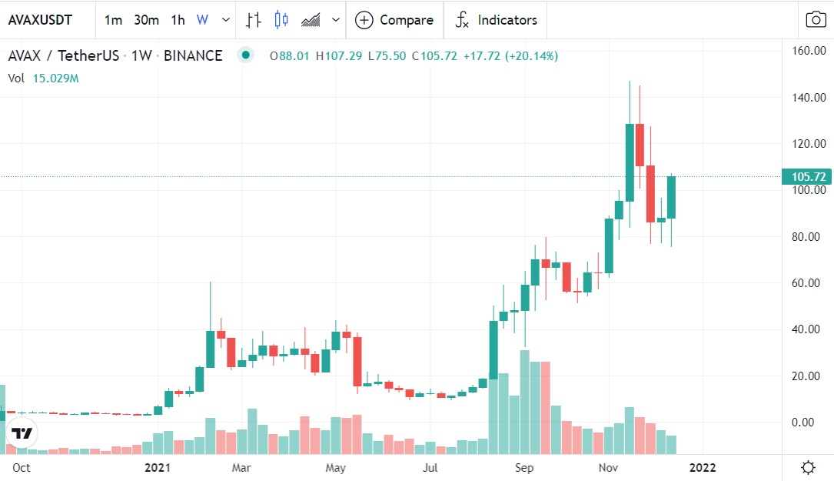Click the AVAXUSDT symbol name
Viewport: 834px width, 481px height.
(40, 20)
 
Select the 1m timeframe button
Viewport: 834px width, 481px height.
(113, 20)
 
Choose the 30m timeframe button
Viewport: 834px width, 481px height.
(146, 20)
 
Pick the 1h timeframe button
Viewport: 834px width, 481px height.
(178, 20)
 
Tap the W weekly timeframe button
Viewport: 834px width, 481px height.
(202, 20)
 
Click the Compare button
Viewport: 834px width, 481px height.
(394, 20)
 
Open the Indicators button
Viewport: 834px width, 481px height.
(496, 20)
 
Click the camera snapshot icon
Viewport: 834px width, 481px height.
(816, 20)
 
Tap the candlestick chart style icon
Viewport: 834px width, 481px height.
(281, 20)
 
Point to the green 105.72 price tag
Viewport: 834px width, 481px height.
(806, 177)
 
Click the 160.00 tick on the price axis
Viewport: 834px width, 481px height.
(809, 51)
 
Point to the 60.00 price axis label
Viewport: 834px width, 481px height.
(809, 283)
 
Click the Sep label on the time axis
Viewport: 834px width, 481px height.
(525, 467)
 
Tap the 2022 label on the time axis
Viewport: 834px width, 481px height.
(702, 467)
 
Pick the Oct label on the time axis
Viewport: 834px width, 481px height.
(21, 467)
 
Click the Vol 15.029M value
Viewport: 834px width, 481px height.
(56, 78)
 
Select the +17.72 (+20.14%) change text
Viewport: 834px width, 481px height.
(510, 56)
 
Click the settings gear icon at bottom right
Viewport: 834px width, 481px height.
(808, 467)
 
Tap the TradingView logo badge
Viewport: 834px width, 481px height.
(22, 433)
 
